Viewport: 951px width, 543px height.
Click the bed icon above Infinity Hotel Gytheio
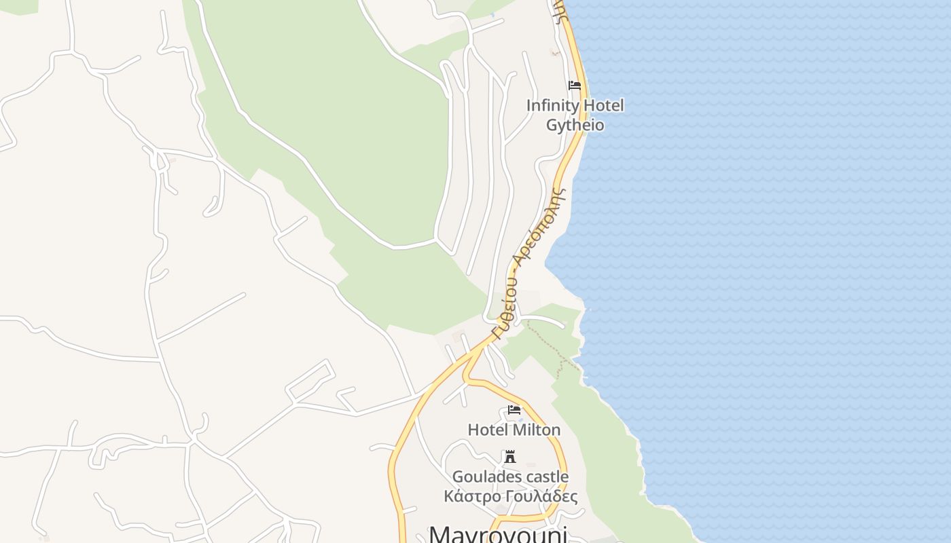tap(575, 86)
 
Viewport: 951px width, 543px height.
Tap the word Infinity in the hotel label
tap(552, 106)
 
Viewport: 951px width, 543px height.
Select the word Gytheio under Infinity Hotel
tap(575, 125)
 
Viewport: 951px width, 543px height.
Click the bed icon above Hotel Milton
tap(514, 410)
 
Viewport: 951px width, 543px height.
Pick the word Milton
tap(537, 430)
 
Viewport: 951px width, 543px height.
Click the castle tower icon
tap(510, 456)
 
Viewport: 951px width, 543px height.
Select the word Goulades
tap(484, 476)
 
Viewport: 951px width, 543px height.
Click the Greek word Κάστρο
tap(469, 496)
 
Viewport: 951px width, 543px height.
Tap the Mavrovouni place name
tap(498, 533)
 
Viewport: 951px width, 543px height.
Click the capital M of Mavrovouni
tap(439, 533)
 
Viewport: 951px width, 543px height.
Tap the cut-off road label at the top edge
tap(559, 10)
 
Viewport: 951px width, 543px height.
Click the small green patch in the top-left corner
tap(19, 5)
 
